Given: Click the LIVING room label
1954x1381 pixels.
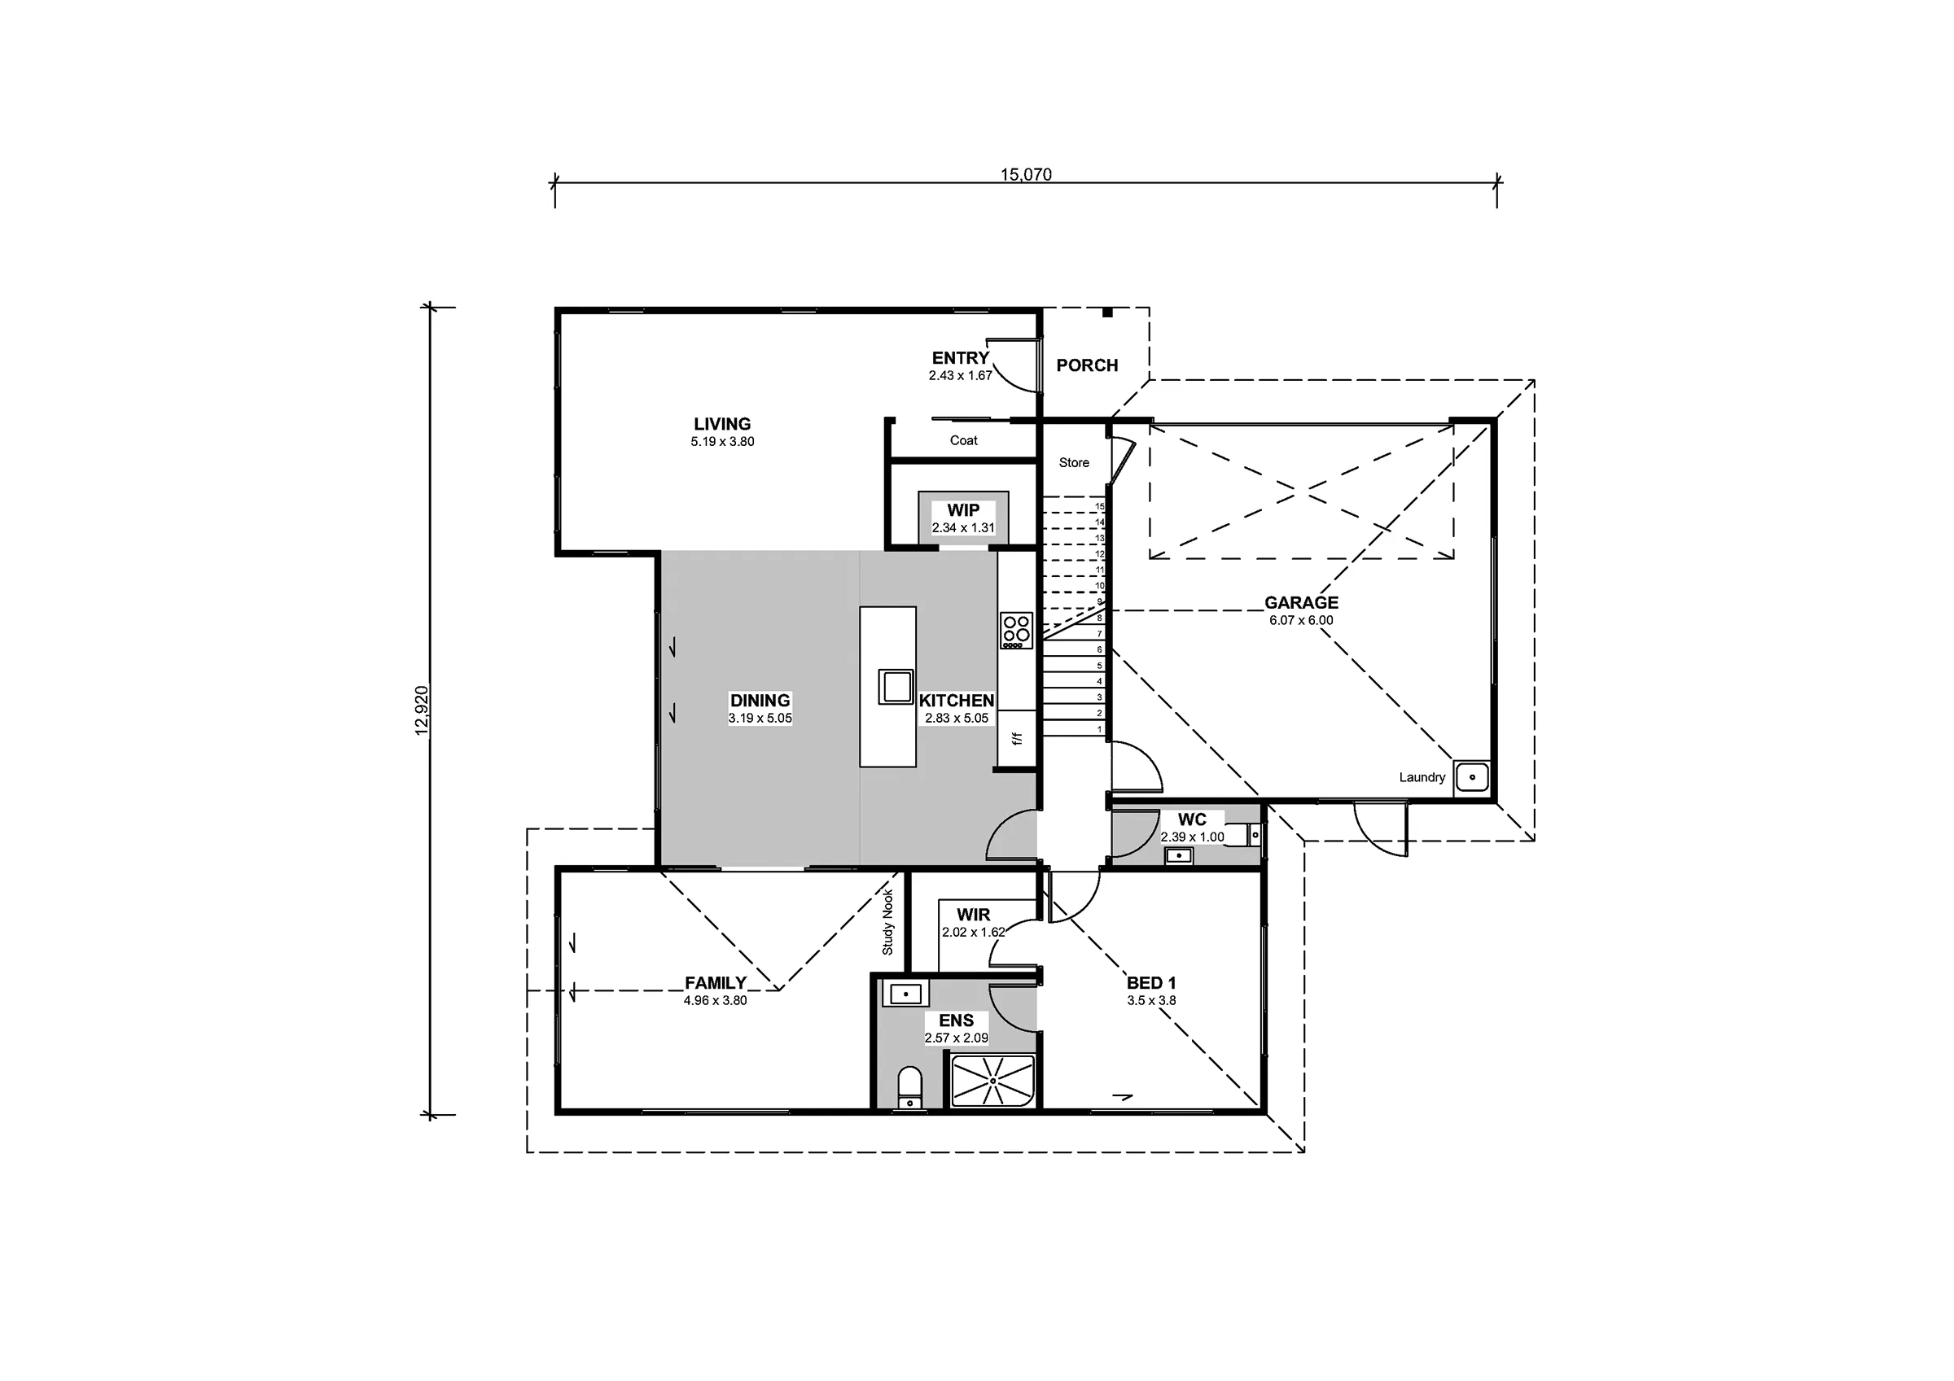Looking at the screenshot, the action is click(x=721, y=424).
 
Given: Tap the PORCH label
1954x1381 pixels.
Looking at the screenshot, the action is click(x=1087, y=365).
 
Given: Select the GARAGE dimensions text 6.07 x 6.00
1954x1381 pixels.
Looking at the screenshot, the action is click(x=1301, y=620).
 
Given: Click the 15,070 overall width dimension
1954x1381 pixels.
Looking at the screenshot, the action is click(x=1026, y=174).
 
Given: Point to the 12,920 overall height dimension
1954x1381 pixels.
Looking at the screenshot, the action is click(x=422, y=710).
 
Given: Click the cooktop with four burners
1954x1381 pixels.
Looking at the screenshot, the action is click(x=1016, y=631).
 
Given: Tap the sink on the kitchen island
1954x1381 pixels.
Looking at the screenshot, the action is click(x=896, y=686).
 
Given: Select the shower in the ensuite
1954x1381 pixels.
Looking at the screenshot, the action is click(x=992, y=1082).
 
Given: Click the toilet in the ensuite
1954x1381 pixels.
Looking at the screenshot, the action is click(x=909, y=1088).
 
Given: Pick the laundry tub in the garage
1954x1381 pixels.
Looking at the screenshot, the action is click(x=1471, y=777).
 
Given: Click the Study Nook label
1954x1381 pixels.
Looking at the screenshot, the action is click(x=887, y=922).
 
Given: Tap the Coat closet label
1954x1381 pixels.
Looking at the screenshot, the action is click(x=963, y=441).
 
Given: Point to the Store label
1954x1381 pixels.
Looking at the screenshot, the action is click(x=1074, y=463).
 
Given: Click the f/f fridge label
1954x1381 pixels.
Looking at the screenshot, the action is click(x=1016, y=739).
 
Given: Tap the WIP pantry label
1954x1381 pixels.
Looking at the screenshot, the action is click(x=963, y=509).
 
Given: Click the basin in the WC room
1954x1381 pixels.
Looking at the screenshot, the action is click(x=1179, y=856).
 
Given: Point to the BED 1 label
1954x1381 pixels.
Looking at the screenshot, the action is click(x=1151, y=983).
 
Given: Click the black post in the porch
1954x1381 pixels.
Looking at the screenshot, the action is click(x=1107, y=312).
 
